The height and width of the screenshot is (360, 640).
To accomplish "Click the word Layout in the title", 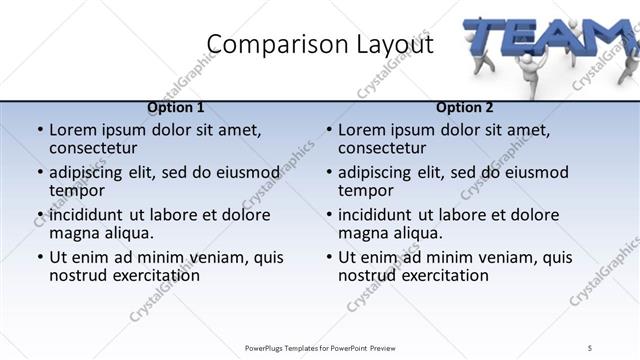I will [386, 44].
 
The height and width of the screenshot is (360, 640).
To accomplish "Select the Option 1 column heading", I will [176, 107].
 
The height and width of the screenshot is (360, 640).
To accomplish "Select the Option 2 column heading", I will [465, 107].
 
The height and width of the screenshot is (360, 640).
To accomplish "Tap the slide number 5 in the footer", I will [591, 347].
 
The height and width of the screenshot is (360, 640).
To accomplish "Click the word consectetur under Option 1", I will [98, 149].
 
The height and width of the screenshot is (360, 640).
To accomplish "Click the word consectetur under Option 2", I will [387, 149].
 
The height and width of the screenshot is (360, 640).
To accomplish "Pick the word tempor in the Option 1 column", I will [77, 191].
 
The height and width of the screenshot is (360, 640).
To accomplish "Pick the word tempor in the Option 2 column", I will [366, 191].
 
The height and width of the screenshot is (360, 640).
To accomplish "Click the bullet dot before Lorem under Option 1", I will [39, 130].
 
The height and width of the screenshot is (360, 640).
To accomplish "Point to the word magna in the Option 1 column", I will [73, 234].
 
